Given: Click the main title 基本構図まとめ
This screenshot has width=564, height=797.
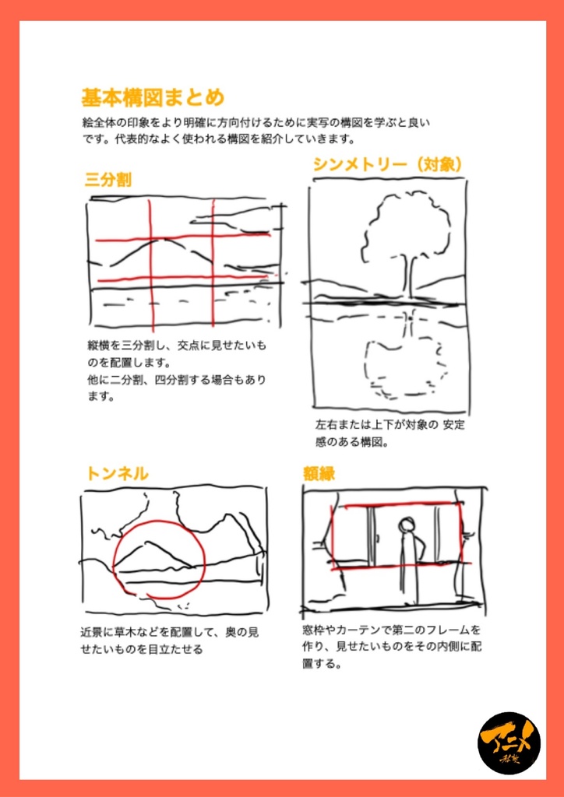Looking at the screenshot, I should [153, 98].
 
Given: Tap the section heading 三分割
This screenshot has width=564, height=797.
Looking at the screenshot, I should [108, 181].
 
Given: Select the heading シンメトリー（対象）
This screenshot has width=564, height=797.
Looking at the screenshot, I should [389, 164].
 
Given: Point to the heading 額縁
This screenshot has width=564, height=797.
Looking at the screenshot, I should [319, 473].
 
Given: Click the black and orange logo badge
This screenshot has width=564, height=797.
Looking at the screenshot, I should [509, 743].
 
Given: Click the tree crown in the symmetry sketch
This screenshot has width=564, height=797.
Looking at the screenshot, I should [406, 226].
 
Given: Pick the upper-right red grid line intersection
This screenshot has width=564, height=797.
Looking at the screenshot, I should [214, 235].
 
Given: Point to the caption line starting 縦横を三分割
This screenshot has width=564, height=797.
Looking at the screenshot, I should [176, 345].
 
